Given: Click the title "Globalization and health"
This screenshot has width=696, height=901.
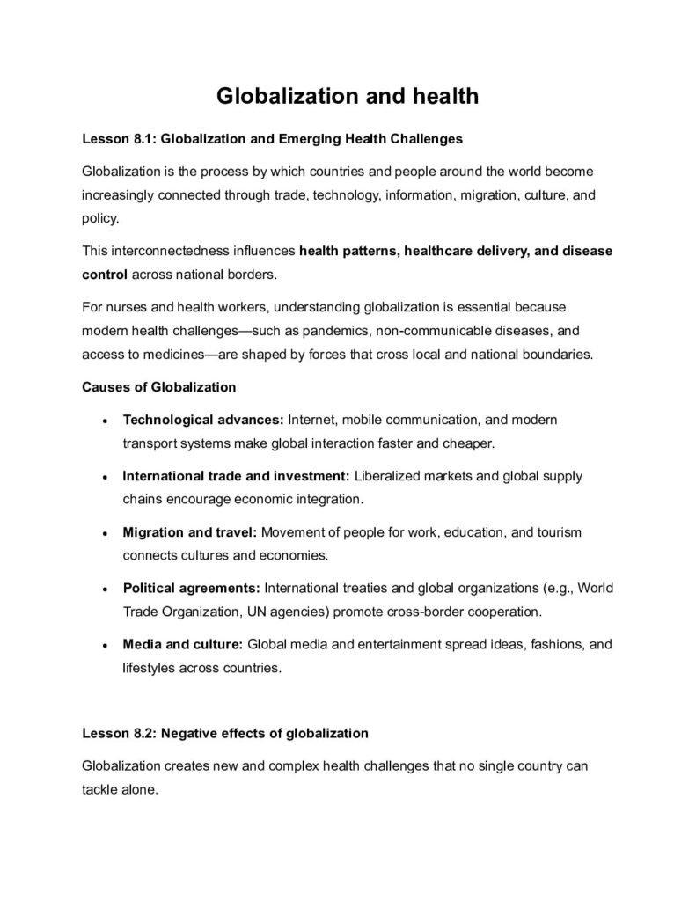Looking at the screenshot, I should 348,95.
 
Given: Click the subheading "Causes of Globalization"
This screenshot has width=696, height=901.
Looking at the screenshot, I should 158,386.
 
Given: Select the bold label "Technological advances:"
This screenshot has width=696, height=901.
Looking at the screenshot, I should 203,420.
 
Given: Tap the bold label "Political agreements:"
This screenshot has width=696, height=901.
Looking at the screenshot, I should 191,588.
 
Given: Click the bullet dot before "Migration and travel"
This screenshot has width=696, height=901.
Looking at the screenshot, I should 105,533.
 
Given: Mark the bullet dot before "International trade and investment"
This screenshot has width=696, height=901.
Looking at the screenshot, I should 105,477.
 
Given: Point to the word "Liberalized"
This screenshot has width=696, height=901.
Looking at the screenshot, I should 390,476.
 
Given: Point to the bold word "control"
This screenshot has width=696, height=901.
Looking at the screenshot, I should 105,274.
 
